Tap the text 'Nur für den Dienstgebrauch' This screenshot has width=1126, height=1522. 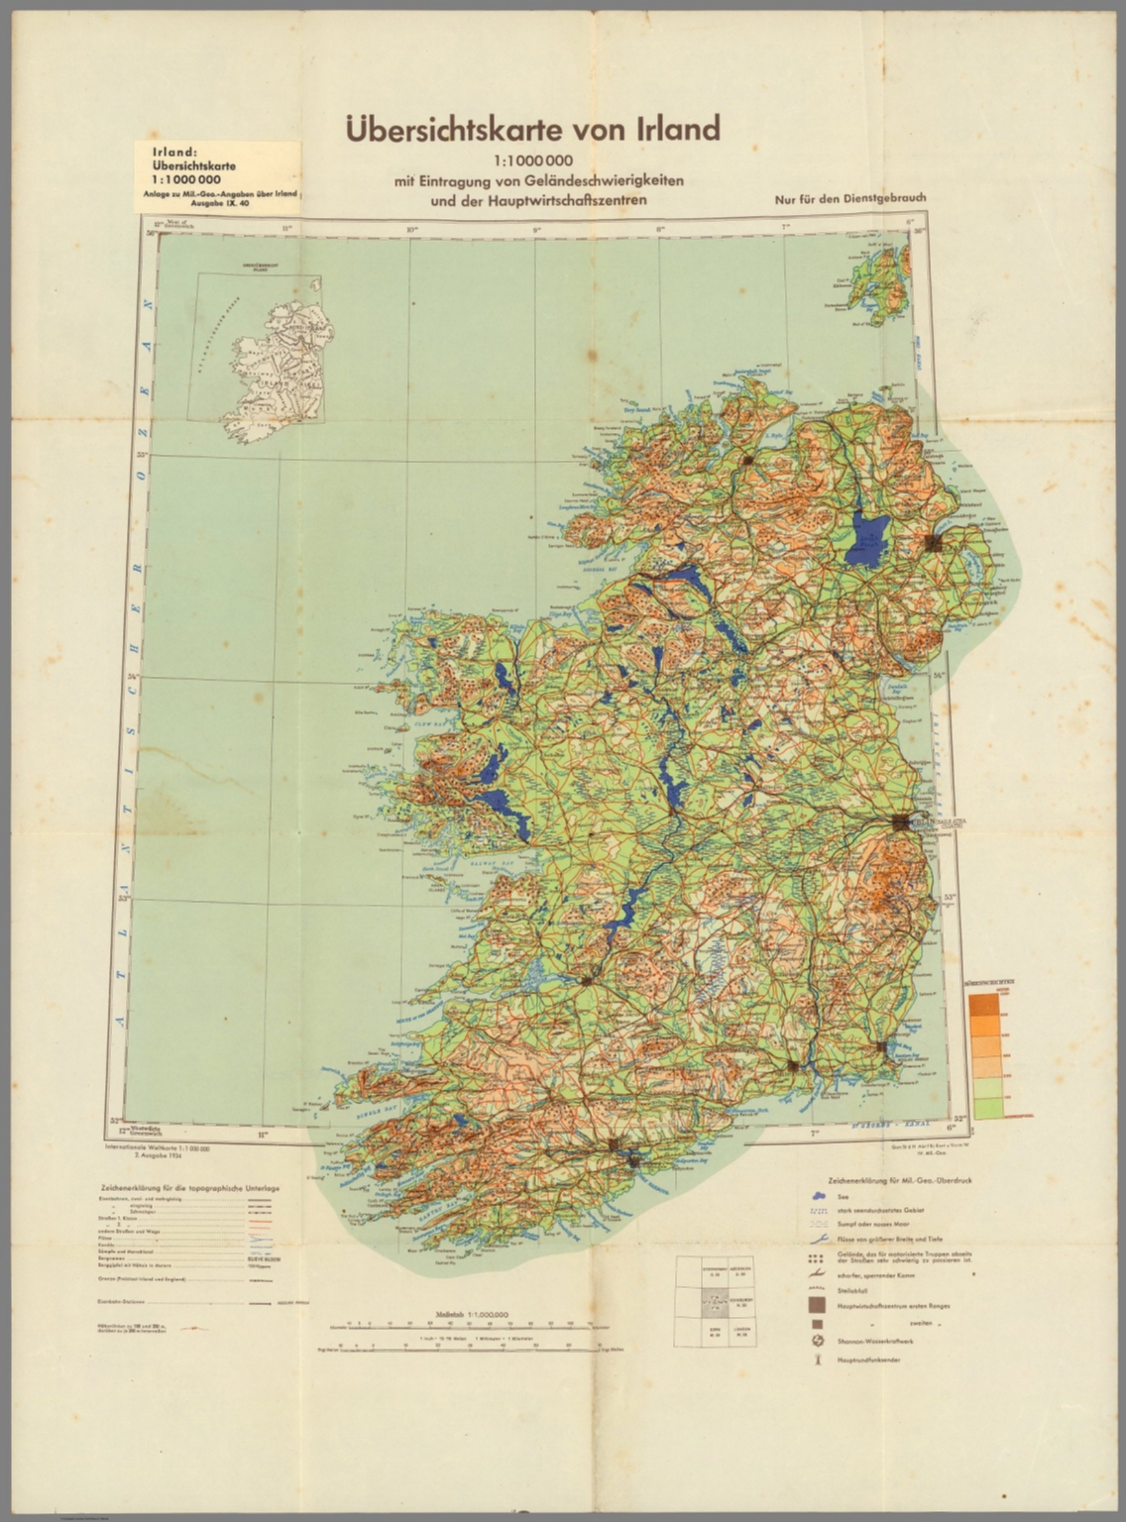(850, 198)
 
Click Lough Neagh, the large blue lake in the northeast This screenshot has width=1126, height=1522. (870, 537)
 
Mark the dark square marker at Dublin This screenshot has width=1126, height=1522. (899, 822)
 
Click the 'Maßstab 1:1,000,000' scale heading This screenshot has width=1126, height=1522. (471, 1314)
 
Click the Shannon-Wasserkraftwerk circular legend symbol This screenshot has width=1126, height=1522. (815, 1341)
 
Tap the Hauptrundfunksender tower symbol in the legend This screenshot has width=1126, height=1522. (815, 1359)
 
